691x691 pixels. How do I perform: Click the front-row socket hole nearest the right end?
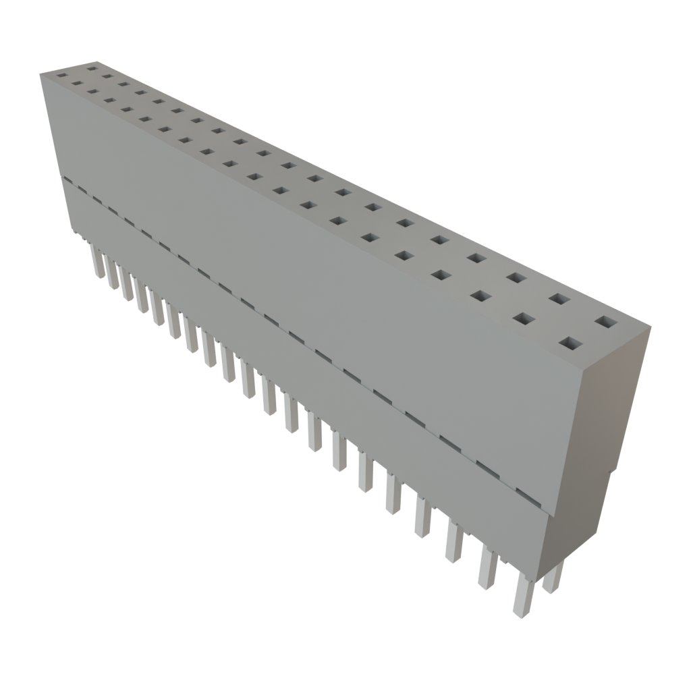tap(570, 345)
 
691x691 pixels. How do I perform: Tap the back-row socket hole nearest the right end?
tap(606, 322)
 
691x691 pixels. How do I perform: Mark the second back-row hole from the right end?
tap(557, 298)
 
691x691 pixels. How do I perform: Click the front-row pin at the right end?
tap(523, 594)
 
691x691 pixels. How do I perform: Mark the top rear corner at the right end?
tap(651, 328)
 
